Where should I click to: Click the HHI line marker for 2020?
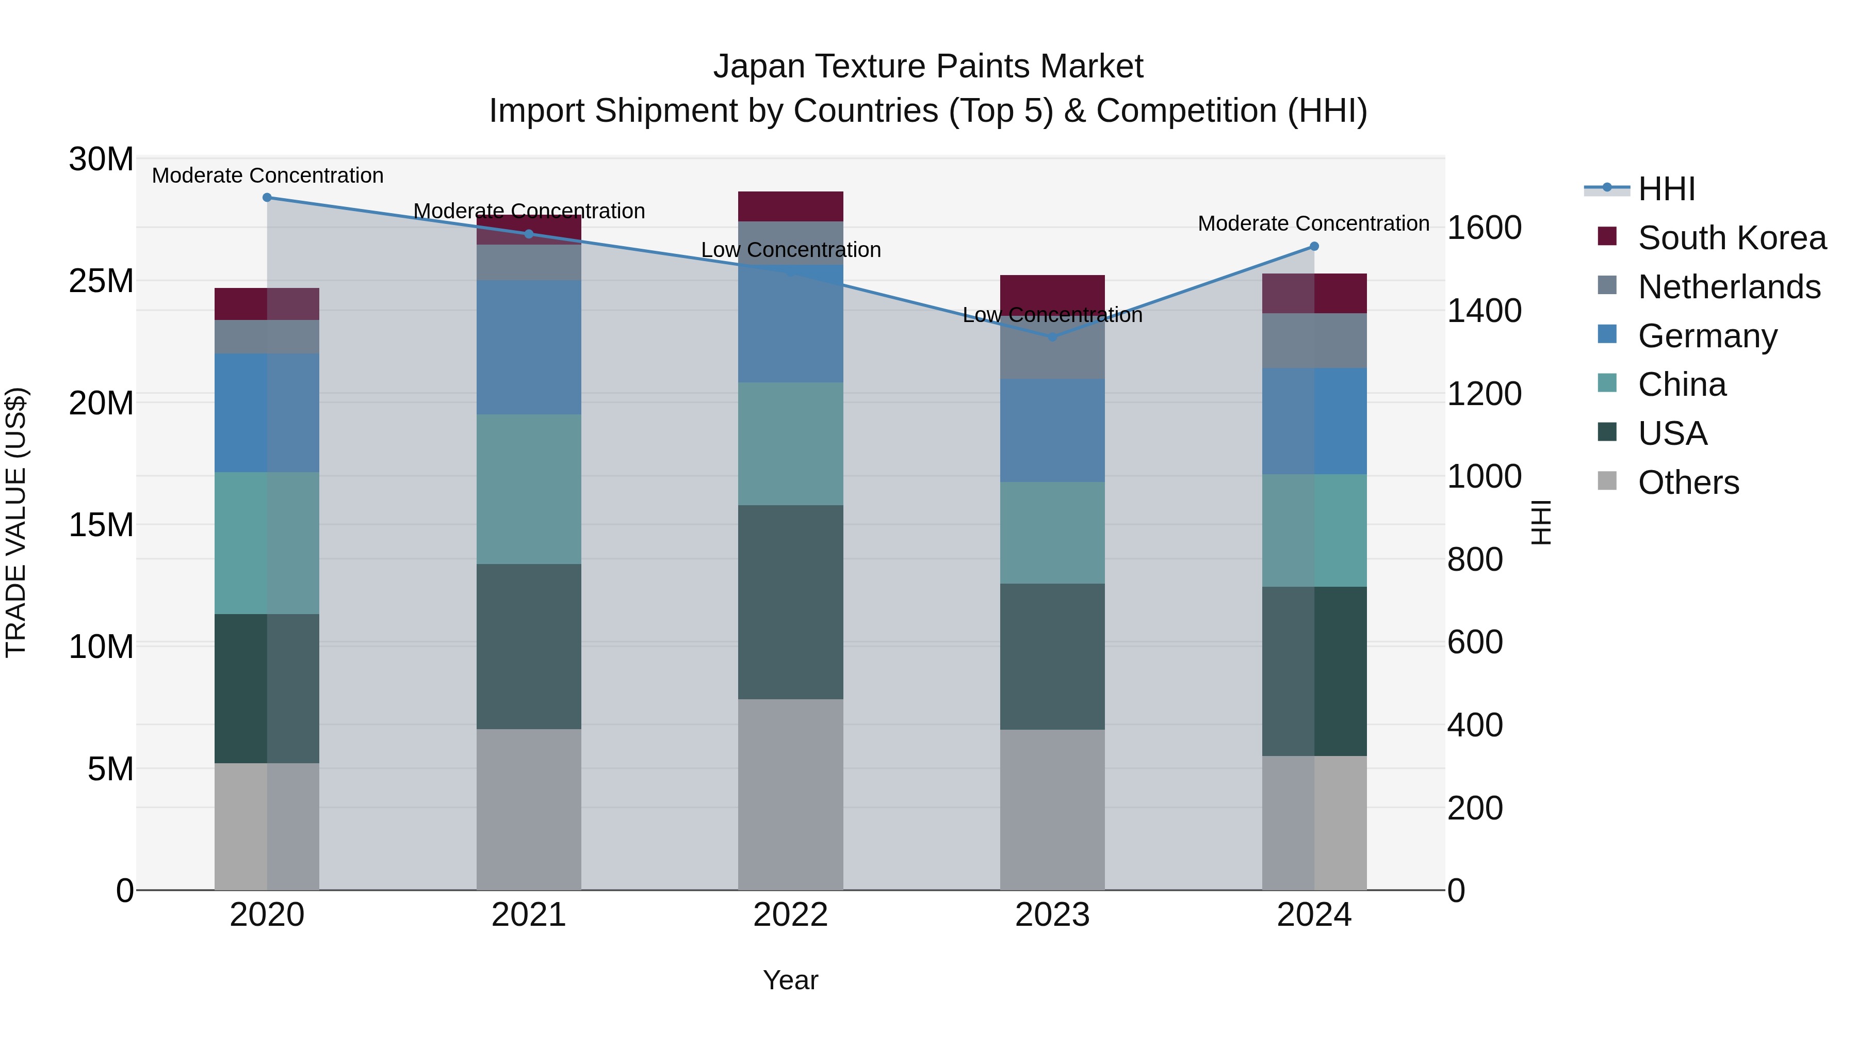tap(267, 198)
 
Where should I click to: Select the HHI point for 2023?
tap(1052, 337)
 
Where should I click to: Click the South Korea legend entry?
tap(1732, 238)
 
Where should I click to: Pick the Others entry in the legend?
tap(1688, 483)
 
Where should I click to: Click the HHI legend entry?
tap(1666, 189)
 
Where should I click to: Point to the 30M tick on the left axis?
tap(101, 159)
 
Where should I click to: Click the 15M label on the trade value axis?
tap(101, 525)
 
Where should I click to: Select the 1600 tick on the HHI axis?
tap(1484, 228)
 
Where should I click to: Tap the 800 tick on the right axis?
tap(1475, 559)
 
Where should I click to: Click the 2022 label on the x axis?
tap(790, 915)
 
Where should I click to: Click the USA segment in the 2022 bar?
tap(790, 602)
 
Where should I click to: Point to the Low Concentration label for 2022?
tap(790, 250)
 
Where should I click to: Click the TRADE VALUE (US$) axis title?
tap(16, 523)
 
